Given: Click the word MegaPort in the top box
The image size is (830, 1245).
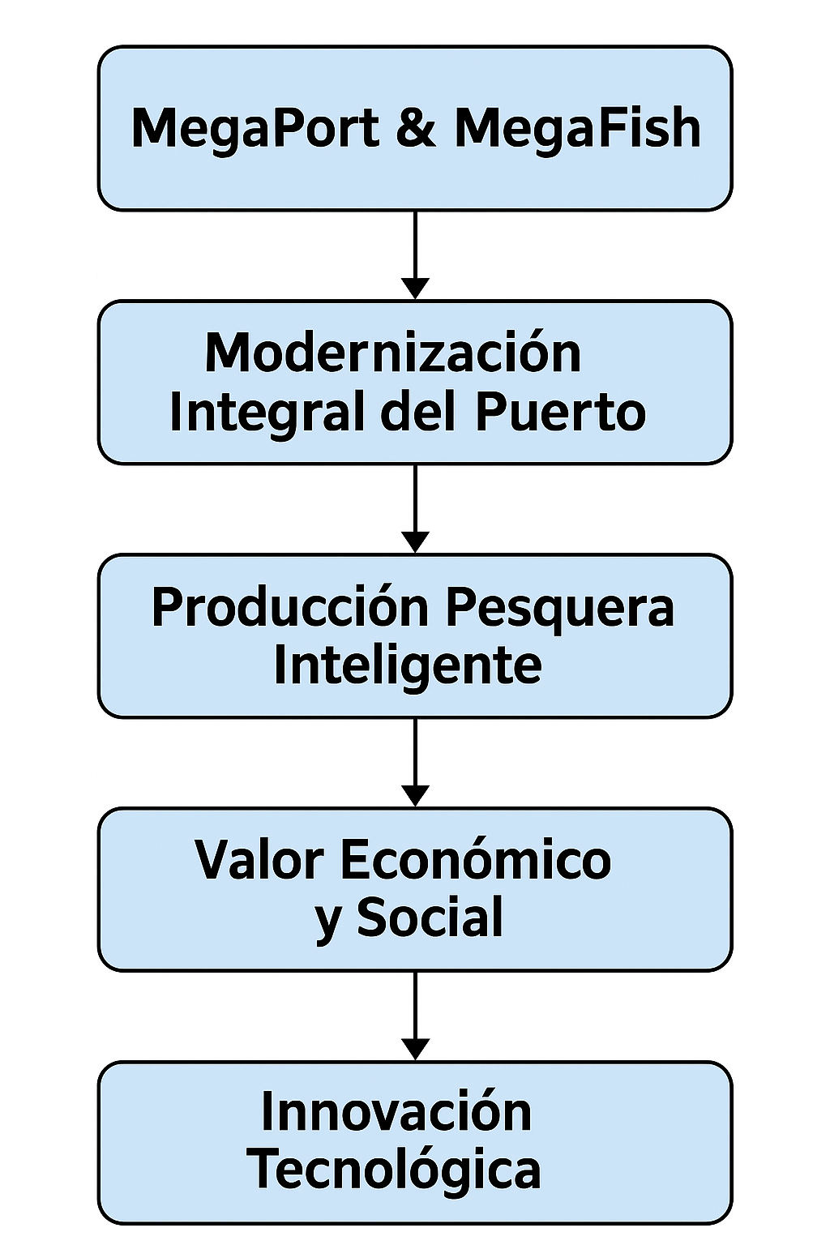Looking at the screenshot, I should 255,128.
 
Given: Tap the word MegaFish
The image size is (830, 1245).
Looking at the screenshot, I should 577,128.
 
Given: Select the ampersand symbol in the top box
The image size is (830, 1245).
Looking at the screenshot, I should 417,128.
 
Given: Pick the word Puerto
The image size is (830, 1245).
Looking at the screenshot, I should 560,411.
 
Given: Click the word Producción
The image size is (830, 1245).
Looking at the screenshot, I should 289,607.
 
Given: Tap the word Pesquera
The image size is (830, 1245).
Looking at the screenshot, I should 559,607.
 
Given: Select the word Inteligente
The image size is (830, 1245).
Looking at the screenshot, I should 408,665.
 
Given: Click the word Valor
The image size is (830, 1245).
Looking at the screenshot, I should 259,860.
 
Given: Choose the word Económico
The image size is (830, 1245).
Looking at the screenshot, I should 476,860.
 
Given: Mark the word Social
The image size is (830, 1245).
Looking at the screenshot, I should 430,918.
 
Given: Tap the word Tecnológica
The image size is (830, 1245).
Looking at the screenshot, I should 394,1170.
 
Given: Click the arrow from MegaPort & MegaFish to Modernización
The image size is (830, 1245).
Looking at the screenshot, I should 415,255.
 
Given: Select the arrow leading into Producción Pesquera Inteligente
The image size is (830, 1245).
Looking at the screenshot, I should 415,508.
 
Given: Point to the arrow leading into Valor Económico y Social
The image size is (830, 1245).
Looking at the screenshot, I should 415,762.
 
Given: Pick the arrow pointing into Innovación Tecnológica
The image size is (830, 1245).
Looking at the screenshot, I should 415,1016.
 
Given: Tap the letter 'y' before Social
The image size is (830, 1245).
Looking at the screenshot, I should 328,922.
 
